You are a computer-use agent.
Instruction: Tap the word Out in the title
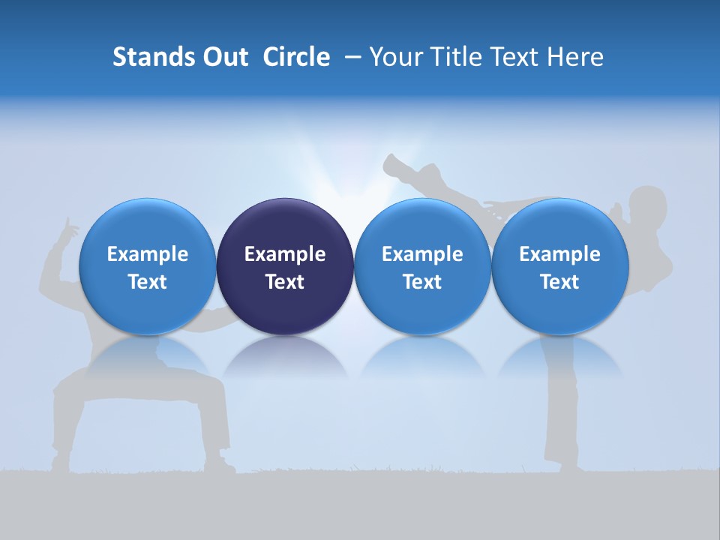(x=223, y=57)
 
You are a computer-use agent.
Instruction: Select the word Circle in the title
(x=296, y=57)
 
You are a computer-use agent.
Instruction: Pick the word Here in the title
(x=575, y=57)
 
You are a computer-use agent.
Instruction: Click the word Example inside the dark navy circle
(x=285, y=254)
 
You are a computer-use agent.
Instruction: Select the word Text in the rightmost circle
(x=560, y=282)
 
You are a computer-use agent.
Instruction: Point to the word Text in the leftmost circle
(x=147, y=282)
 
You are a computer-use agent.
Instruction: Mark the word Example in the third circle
(x=422, y=254)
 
